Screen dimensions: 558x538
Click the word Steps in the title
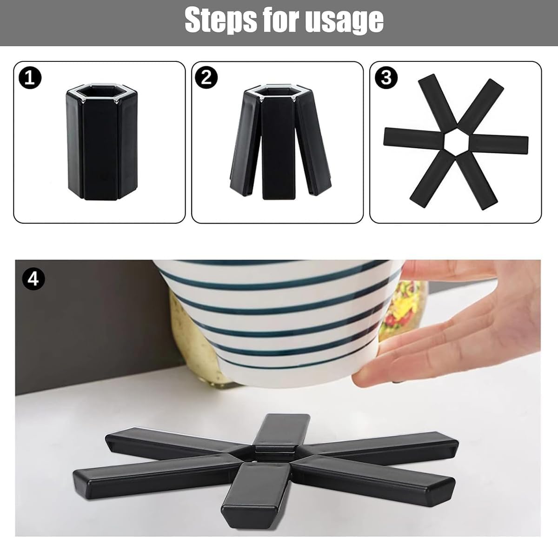221,20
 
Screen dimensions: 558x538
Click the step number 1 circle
30,78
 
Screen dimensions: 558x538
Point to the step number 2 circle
206,78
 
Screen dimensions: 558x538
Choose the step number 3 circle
386,78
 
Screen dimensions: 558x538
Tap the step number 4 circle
33,279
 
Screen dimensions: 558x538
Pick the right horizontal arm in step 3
498,144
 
